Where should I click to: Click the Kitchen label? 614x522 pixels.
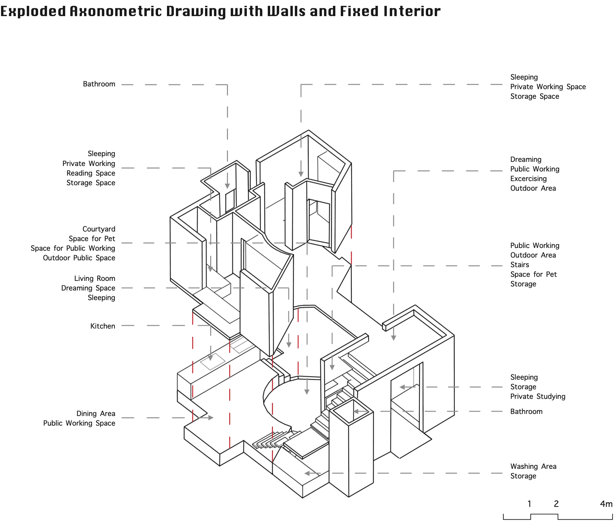coord(103,326)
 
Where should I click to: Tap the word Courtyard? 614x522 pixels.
coord(99,229)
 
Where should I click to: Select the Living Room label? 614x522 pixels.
coord(95,278)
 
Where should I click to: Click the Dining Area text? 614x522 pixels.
coord(96,413)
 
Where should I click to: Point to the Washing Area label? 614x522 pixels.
coord(533,466)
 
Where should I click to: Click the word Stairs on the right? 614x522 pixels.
coord(519,264)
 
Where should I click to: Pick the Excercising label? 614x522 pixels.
coord(528,178)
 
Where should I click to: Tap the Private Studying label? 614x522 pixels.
coord(538,396)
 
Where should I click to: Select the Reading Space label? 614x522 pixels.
coord(91,173)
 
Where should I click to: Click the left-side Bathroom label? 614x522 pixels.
coord(99,84)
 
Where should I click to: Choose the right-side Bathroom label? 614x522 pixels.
coord(526,411)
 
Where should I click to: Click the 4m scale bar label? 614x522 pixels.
coord(606,504)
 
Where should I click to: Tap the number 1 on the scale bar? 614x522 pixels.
coord(529,504)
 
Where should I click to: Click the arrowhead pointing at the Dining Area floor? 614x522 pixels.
coord(211,418)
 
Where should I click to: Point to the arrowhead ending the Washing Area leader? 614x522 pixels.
coord(307,473)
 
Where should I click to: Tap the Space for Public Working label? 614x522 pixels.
coord(73,248)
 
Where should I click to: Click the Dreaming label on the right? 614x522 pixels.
coord(526,159)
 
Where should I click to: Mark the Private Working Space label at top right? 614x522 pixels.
coord(548,86)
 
